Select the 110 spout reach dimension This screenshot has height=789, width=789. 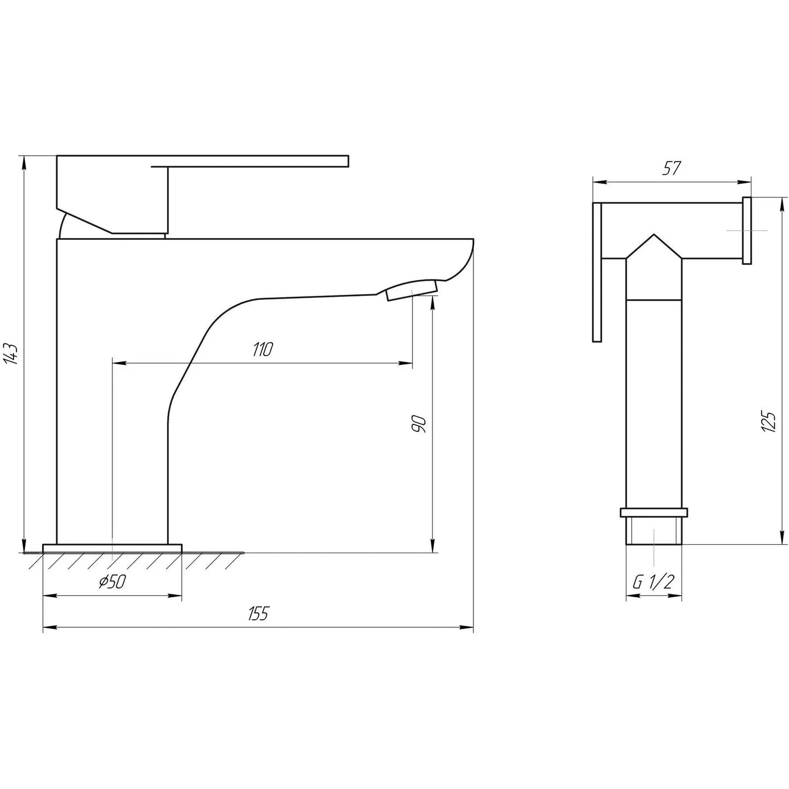pyautogui.click(x=262, y=349)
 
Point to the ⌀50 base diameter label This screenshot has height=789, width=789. pyautogui.click(x=112, y=582)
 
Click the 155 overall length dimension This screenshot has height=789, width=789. pyautogui.click(x=258, y=614)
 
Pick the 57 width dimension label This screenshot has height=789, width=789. pyautogui.click(x=671, y=169)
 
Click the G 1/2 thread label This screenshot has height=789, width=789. pyautogui.click(x=653, y=583)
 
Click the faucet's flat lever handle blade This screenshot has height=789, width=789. pyautogui.click(x=257, y=159)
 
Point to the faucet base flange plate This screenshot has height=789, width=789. pyautogui.click(x=112, y=548)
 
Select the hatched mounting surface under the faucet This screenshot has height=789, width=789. pyautogui.click(x=137, y=560)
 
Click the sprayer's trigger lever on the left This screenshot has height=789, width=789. pyautogui.click(x=597, y=273)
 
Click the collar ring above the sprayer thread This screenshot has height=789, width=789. pyautogui.click(x=654, y=512)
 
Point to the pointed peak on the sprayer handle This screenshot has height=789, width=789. pyautogui.click(x=654, y=238)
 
